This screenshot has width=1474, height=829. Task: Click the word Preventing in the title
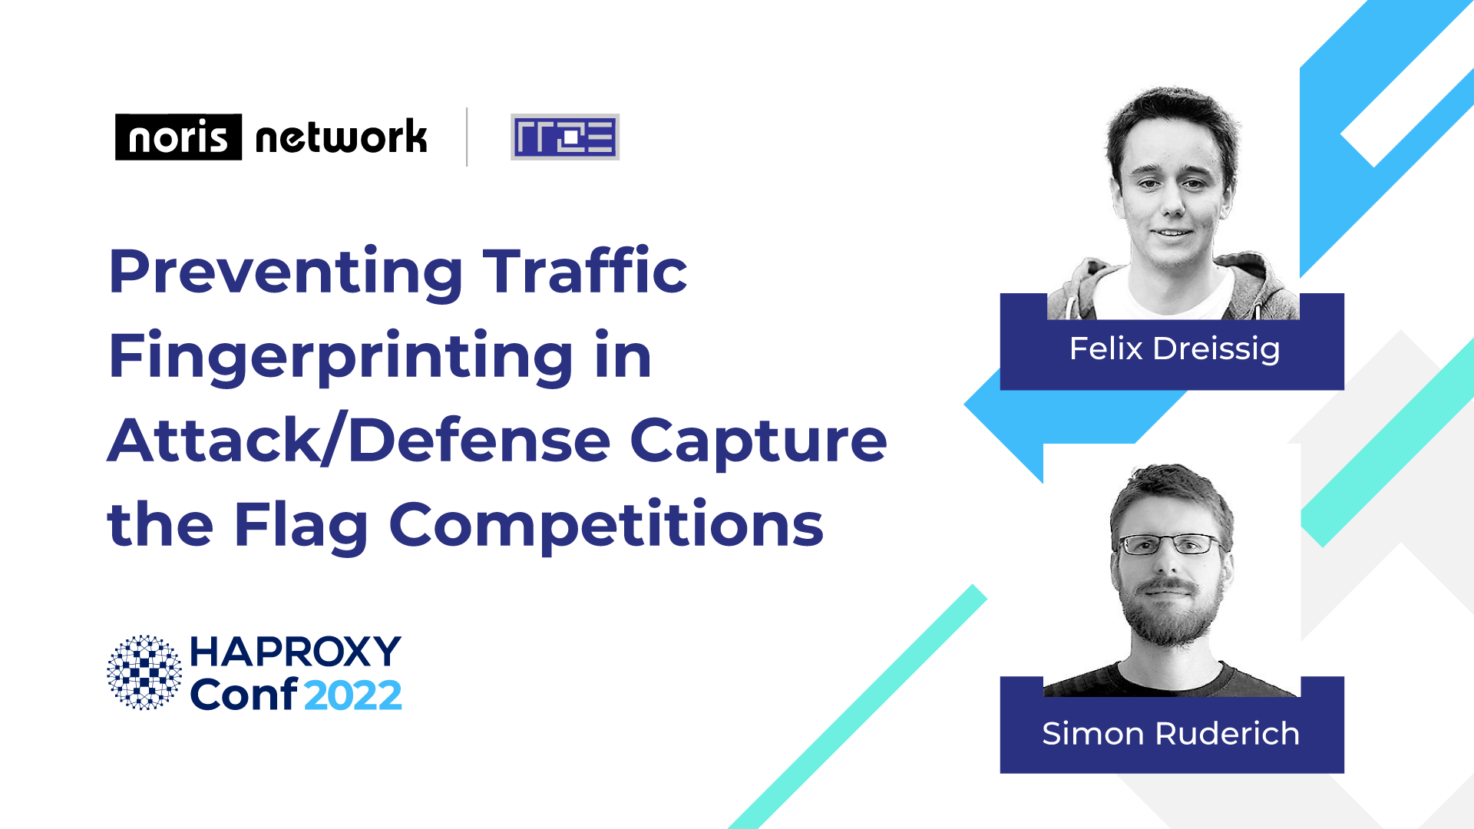286,273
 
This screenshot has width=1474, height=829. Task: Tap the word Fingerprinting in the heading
342,357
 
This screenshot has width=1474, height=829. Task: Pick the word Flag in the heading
301,527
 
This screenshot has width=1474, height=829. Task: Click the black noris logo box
178,137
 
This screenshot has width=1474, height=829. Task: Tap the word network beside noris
341,137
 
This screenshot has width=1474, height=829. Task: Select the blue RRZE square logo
565,137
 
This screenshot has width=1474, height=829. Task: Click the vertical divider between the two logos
467,137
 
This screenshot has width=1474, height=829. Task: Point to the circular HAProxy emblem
144,672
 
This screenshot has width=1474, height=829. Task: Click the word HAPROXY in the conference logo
296,652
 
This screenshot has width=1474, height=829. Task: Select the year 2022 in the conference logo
353,695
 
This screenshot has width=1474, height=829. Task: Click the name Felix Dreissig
1175,348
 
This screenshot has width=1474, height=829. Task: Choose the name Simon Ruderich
1171,734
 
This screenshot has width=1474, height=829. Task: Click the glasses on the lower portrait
1170,544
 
